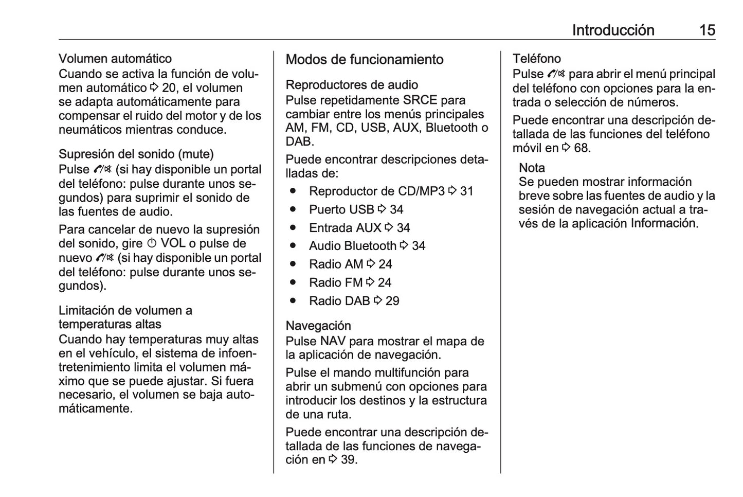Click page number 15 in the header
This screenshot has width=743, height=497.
click(x=707, y=30)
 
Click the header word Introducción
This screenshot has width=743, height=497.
click(x=613, y=30)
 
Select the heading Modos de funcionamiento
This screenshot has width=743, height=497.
click(x=364, y=60)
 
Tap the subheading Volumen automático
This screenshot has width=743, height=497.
click(x=115, y=59)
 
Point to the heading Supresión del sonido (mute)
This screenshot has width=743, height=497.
click(x=136, y=154)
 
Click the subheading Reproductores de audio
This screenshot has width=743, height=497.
click(x=352, y=85)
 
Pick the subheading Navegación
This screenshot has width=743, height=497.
click(x=318, y=326)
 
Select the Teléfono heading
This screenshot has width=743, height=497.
click(x=536, y=59)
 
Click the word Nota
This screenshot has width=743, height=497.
click(x=532, y=168)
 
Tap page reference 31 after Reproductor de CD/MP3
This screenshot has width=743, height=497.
click(x=466, y=191)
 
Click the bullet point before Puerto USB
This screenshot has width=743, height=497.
click(x=293, y=209)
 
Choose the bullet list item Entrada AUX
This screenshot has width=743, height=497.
click(x=345, y=228)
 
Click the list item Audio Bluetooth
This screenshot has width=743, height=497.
click(x=352, y=246)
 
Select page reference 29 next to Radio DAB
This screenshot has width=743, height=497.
click(x=392, y=301)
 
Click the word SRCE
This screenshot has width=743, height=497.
click(x=420, y=100)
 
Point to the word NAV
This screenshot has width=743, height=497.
click(x=333, y=341)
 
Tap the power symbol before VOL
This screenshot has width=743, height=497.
click(x=152, y=244)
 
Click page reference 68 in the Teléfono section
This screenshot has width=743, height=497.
click(x=581, y=148)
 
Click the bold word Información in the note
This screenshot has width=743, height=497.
click(x=663, y=223)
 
